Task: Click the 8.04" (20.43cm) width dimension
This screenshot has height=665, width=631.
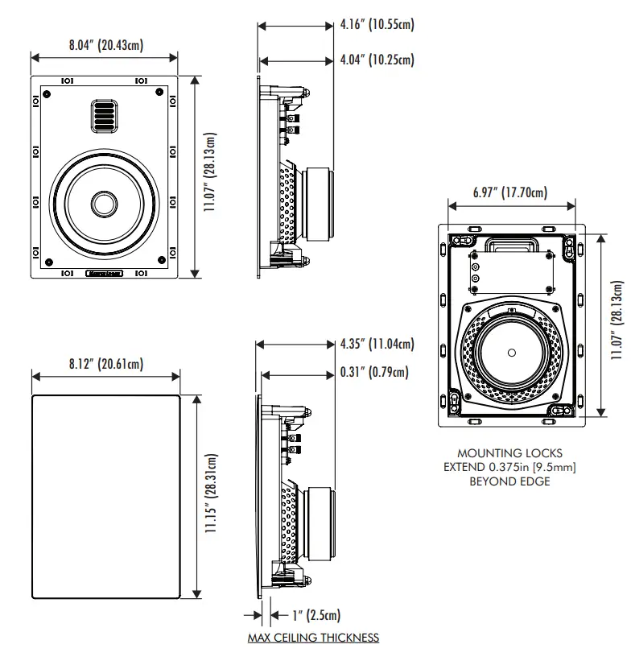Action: [x=105, y=45]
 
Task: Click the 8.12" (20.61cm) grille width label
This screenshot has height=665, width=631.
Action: [x=105, y=364]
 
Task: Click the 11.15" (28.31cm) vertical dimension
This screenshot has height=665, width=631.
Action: [x=210, y=494]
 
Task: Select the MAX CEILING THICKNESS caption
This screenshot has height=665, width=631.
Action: [x=313, y=638]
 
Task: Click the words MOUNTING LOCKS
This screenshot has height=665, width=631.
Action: [x=509, y=453]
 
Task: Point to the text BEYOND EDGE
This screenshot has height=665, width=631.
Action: [x=509, y=481]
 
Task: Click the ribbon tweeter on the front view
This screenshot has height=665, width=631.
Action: [x=102, y=115]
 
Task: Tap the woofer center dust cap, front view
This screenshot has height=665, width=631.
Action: [x=102, y=203]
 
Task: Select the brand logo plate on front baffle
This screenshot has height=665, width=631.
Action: [x=103, y=272]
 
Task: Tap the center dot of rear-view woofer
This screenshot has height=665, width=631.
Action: [x=513, y=352]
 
